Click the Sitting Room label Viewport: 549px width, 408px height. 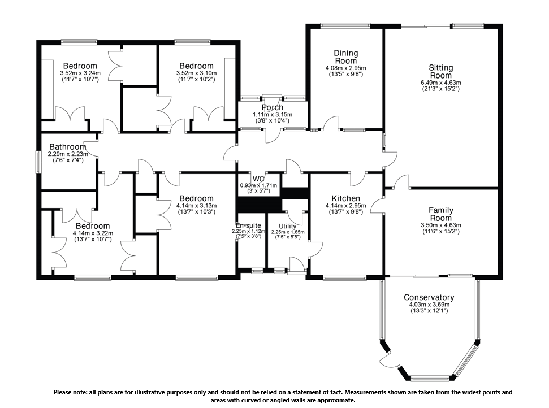(x=441, y=71)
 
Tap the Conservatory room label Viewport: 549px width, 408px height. (x=429, y=297)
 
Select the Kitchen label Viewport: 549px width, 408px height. (x=346, y=198)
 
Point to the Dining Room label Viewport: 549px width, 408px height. (x=346, y=57)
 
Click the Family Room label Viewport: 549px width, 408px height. (x=441, y=214)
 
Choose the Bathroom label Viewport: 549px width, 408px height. (x=68, y=147)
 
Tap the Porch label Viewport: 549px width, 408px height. (x=273, y=107)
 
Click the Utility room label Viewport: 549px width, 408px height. (x=287, y=226)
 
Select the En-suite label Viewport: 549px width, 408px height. (x=248, y=225)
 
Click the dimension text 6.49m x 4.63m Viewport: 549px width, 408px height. (x=441, y=83)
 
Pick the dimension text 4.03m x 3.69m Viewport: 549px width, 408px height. (x=429, y=305)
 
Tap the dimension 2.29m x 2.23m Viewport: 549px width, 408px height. (x=68, y=154)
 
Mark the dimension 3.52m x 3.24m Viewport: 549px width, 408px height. (x=80, y=73)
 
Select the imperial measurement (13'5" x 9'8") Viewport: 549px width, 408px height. (x=346, y=74)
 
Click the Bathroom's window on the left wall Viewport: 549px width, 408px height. (x=38, y=162)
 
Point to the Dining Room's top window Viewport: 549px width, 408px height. (x=345, y=25)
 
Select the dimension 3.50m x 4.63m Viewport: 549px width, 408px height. (x=441, y=225)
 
